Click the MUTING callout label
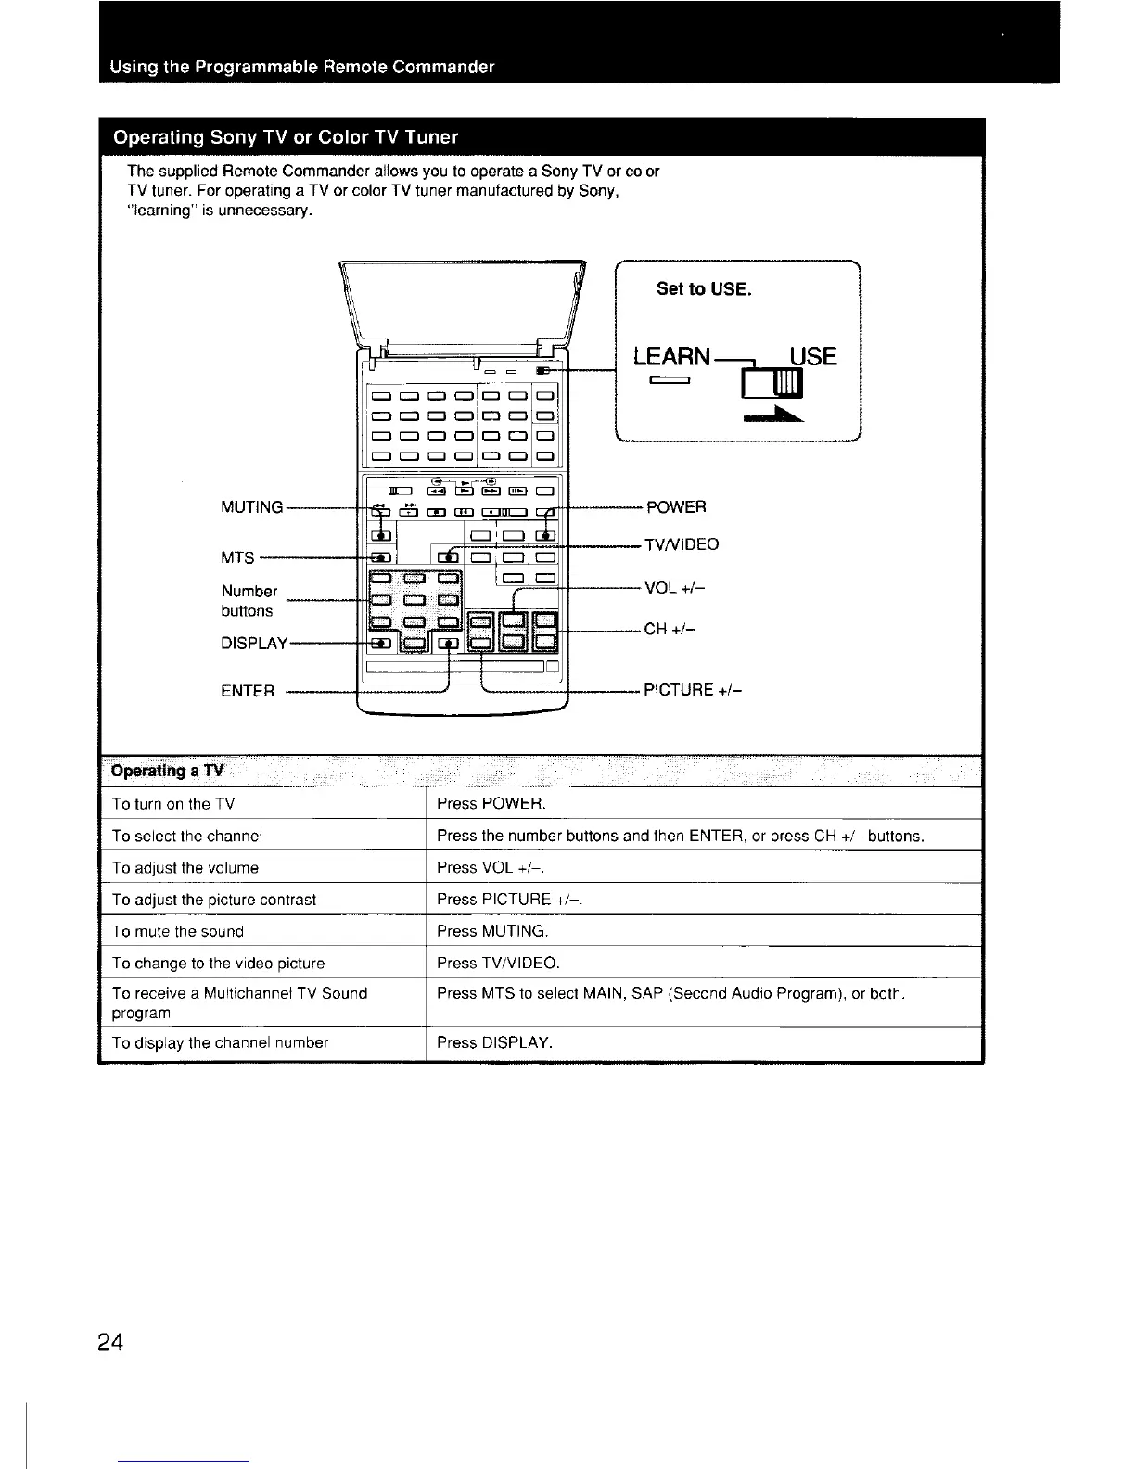click(251, 507)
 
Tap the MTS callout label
click(237, 557)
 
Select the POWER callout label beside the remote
click(676, 506)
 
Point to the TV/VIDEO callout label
click(682, 544)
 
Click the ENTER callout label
click(248, 691)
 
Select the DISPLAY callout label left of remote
click(255, 643)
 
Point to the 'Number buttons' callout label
click(249, 601)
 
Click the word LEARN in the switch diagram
click(671, 357)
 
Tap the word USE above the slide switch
click(812, 357)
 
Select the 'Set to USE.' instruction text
click(704, 288)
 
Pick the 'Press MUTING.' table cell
click(492, 931)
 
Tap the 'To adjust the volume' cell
click(185, 868)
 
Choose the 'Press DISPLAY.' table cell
click(494, 1042)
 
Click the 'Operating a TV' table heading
click(167, 772)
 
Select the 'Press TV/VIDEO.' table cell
click(498, 963)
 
